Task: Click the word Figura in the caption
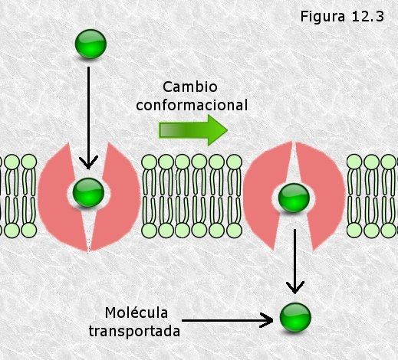point(322,17)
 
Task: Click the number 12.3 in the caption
point(367,16)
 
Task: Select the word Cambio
point(190,87)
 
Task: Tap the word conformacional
point(192,105)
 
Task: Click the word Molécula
point(137,313)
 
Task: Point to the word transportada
point(134,331)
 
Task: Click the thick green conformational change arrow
point(193,130)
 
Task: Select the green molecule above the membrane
point(90,44)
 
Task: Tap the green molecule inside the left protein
point(88,192)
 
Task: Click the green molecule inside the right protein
point(294,198)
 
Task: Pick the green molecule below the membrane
point(295,317)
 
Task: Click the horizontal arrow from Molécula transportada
point(227,320)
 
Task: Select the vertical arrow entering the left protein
point(88,118)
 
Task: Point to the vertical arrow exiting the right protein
point(294,261)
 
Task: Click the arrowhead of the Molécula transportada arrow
point(267,320)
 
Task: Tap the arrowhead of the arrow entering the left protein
point(88,163)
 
